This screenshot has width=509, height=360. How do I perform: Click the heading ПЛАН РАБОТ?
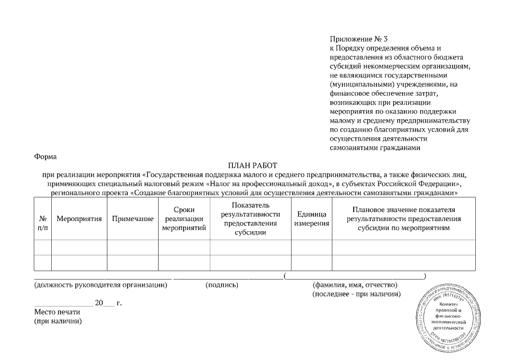coord(253,165)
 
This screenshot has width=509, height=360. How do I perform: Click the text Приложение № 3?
coord(358,39)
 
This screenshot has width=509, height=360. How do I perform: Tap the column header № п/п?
coord(43,223)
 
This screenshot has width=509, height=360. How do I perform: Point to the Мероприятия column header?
coord(79,219)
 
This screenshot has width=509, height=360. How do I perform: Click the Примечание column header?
coord(133,219)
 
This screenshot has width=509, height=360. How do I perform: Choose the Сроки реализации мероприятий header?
coord(184,219)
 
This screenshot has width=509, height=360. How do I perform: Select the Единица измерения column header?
coord(311,219)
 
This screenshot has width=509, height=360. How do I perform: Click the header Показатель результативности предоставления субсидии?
coord(250,219)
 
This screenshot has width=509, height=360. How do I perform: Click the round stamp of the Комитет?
coord(449,317)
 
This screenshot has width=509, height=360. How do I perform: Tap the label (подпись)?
coord(223,285)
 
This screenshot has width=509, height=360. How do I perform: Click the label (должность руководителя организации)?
coord(101,285)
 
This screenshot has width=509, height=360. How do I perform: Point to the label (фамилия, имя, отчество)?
coord(355,285)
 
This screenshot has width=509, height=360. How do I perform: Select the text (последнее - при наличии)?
coord(357,294)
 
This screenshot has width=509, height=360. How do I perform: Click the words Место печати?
coord(57,312)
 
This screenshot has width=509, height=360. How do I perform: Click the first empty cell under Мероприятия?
coord(79,247)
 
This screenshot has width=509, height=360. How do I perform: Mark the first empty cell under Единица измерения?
coord(311,247)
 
